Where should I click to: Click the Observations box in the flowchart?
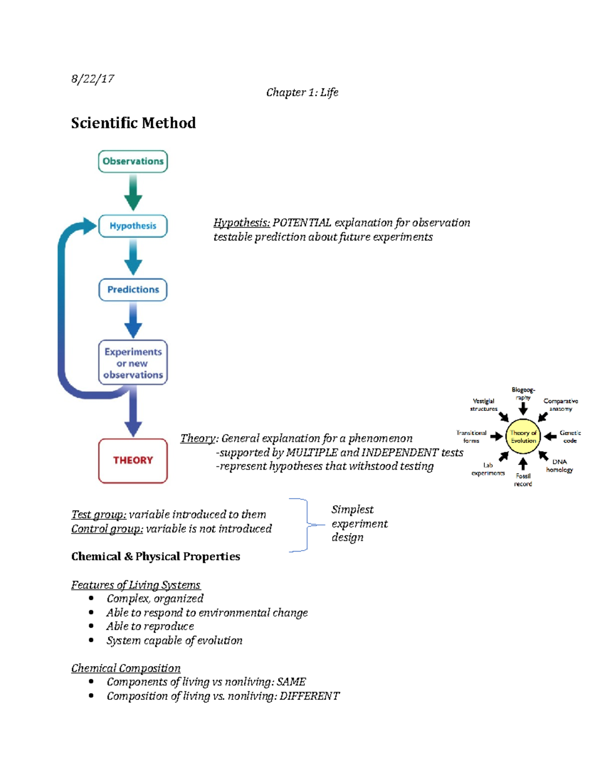pyautogui.click(x=133, y=161)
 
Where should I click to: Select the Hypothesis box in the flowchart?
pyautogui.click(x=133, y=226)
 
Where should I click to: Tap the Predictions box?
pyautogui.click(x=133, y=289)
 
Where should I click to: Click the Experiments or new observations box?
pyautogui.click(x=133, y=363)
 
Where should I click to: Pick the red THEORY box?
pyautogui.click(x=133, y=460)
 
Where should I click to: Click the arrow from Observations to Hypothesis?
pyautogui.click(x=133, y=192)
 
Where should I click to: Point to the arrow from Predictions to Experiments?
pyautogui.click(x=133, y=320)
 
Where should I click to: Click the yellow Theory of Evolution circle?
pyautogui.click(x=523, y=437)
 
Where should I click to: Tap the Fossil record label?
pyautogui.click(x=523, y=480)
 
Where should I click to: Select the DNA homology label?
pyautogui.click(x=559, y=466)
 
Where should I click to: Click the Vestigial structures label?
pyautogui.click(x=483, y=405)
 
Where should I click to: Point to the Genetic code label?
pyautogui.click(x=570, y=437)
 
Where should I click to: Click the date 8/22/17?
pyautogui.click(x=93, y=79)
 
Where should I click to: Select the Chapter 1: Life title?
pyautogui.click(x=302, y=92)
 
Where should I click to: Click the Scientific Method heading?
pyautogui.click(x=133, y=123)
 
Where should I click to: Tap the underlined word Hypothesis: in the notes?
pyautogui.click(x=241, y=223)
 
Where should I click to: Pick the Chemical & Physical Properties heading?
pyautogui.click(x=155, y=557)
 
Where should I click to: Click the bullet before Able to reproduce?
pyautogui.click(x=91, y=626)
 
